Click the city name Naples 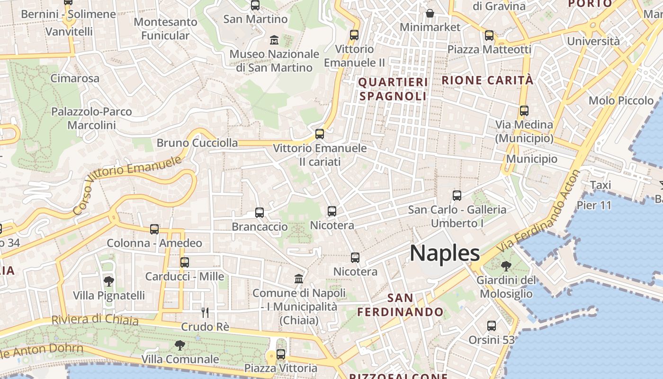pos(445,253)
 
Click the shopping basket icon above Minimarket pos(430,13)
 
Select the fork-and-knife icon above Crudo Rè pos(205,312)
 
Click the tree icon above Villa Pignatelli pos(108,281)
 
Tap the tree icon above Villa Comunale pos(179,345)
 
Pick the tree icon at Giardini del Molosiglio pos(506,266)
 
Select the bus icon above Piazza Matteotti pos(489,35)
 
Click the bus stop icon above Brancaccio pos(260,213)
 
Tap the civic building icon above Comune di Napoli pos(299,279)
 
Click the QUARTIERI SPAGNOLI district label pos(393,89)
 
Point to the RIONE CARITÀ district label pos(487,80)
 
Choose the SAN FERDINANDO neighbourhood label pos(400,305)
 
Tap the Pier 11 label pos(594,205)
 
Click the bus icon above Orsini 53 pos(492,326)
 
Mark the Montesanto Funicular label pos(165,28)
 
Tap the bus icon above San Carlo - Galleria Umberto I pos(457,195)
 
